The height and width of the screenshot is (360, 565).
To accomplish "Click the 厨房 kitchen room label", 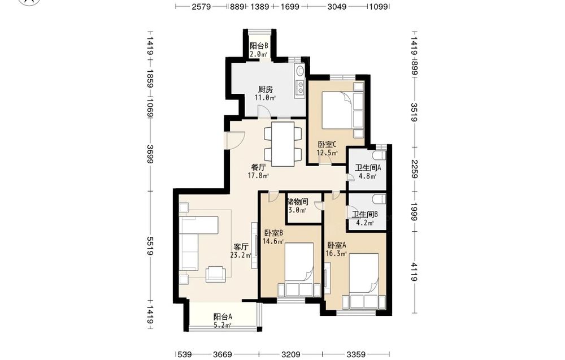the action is (x=265, y=89).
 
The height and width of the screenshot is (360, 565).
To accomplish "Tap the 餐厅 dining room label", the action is (x=258, y=168).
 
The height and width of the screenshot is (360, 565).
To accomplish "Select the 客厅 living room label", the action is (x=241, y=247).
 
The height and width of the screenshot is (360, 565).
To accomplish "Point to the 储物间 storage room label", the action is (x=298, y=202).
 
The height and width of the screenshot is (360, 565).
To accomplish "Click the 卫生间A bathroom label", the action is (x=368, y=168).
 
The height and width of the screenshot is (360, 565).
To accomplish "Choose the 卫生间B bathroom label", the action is (x=364, y=215).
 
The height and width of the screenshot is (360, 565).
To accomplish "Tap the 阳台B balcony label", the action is (x=259, y=46).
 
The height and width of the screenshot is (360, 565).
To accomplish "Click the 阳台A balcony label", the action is (x=223, y=317).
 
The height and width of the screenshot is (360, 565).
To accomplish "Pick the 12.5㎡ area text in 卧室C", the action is (x=327, y=153).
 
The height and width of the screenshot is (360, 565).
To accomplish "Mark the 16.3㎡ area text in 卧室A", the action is (x=336, y=254).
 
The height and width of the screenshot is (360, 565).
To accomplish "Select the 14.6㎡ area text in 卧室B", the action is (x=273, y=241).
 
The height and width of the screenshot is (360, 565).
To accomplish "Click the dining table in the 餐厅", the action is (x=283, y=144).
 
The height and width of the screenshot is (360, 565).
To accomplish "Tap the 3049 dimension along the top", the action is (x=337, y=6).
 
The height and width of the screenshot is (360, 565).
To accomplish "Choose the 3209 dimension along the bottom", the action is (x=290, y=354).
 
